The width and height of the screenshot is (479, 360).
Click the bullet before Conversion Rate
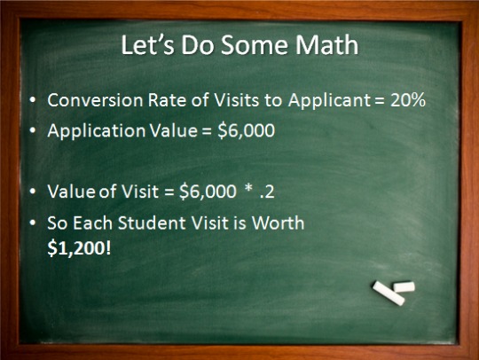[33, 101]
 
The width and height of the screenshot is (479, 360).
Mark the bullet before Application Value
[33, 131]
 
